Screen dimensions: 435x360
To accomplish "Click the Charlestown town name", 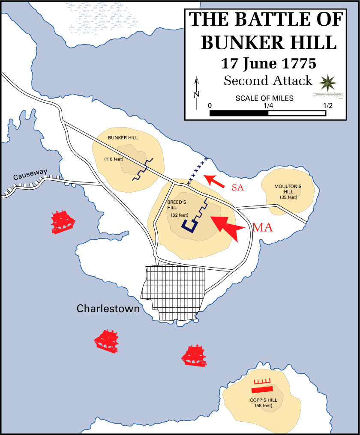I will point(108,308).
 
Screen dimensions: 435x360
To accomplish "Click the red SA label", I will point(237,187).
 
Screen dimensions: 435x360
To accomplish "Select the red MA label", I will point(262,228).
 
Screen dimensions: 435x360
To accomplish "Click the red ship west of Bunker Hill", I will point(63,222).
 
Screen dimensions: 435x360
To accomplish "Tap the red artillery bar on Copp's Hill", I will point(262,389).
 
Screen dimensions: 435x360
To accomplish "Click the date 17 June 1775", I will point(268,63).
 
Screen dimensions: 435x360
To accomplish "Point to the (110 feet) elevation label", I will point(114,159).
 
